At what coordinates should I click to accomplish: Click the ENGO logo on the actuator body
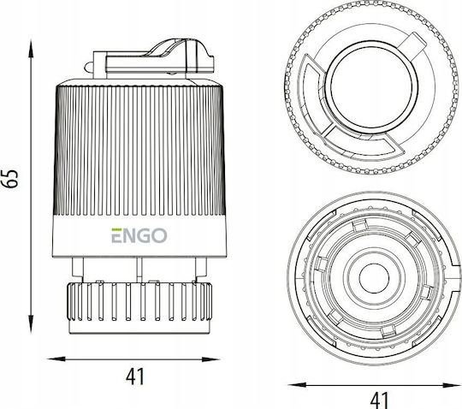[x=139, y=235]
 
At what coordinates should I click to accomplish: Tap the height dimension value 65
[x=10, y=179]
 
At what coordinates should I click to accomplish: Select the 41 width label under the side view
[x=135, y=376]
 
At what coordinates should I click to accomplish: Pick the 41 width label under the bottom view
[x=379, y=400]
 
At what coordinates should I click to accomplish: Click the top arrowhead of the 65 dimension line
[x=31, y=49]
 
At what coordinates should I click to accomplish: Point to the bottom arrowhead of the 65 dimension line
[x=31, y=323]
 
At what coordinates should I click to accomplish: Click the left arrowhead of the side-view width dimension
[x=56, y=359]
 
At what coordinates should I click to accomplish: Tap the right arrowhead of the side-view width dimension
[x=210, y=359]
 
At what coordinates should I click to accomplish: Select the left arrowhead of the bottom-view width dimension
[x=297, y=384]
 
